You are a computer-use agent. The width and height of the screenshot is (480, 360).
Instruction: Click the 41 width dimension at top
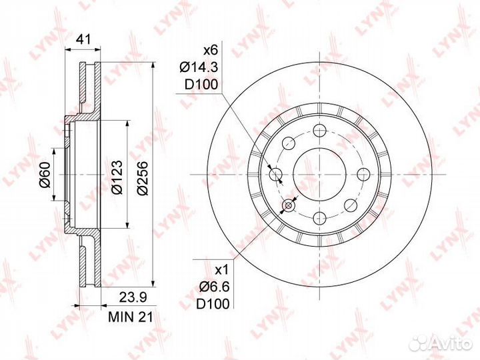click(83, 39)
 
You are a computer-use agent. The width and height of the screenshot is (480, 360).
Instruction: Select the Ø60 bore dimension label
click(45, 175)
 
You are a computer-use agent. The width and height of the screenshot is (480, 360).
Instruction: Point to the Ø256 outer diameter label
click(143, 178)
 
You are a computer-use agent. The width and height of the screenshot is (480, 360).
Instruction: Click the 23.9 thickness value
click(133, 297)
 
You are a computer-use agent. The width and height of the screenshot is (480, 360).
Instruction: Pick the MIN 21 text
click(131, 317)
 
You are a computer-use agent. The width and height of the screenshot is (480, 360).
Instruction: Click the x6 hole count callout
click(210, 50)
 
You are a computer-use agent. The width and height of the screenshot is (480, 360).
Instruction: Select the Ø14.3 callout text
click(199, 67)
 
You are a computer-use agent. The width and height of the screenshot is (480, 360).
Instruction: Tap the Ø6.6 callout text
click(214, 287)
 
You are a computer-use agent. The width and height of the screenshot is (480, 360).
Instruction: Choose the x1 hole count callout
click(222, 270)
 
